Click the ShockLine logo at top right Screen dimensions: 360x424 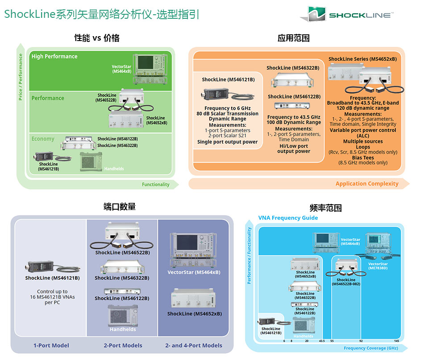tap(347, 14)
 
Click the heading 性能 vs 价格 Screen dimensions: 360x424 tap(96, 38)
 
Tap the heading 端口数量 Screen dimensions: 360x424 tap(119, 207)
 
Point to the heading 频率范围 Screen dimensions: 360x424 tap(325, 208)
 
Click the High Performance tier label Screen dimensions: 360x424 tap(54, 57)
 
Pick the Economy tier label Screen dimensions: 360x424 tap(43, 139)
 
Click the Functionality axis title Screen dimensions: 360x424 tap(155, 184)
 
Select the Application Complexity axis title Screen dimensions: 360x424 tap(367, 183)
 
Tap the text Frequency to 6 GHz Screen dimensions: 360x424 tap(228, 108)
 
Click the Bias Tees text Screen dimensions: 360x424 tap(363, 157)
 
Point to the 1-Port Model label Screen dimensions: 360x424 tap(51, 345)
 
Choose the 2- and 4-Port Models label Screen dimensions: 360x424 tap(194, 345)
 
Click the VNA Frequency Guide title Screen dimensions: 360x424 tap(288, 218)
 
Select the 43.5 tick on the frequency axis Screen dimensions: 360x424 tap(322, 341)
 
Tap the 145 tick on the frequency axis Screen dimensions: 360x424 tap(396, 341)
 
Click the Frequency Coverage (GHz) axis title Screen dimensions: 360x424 tap(370, 348)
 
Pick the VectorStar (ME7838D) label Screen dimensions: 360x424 tap(378, 266)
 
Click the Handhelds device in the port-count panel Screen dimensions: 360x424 tap(123, 317)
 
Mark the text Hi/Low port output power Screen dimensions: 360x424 tap(293, 149)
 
